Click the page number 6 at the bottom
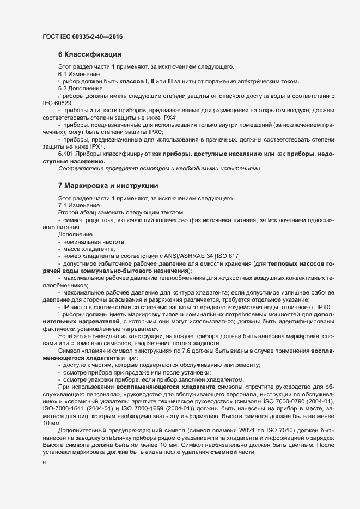coord(44,463)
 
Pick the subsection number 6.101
coord(66,154)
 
